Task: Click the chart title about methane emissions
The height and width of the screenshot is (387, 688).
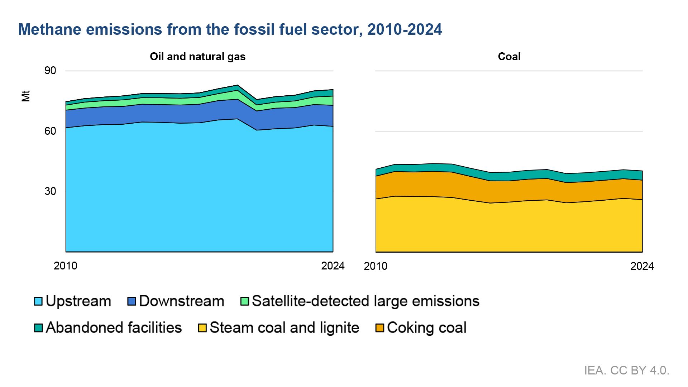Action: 230,29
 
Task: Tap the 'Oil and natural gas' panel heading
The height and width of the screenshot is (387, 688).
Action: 197,57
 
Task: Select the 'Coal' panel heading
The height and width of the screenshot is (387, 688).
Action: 509,57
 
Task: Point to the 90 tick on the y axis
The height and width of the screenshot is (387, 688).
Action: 50,71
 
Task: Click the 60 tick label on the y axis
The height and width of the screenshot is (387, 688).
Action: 50,131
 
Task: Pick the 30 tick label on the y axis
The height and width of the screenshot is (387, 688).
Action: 50,191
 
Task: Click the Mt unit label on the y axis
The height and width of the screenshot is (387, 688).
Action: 25,96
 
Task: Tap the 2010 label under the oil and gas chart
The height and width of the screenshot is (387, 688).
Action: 65,266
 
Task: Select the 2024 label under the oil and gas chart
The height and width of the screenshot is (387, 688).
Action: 333,266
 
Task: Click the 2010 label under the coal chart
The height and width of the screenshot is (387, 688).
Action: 375,266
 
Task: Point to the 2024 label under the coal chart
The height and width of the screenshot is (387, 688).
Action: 642,266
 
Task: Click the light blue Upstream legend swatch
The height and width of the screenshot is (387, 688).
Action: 38,301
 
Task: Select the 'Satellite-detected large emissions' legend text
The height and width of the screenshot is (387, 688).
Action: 365,301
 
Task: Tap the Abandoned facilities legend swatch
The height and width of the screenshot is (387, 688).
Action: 38,328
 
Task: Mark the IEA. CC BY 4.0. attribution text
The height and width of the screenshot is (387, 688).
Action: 626,371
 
